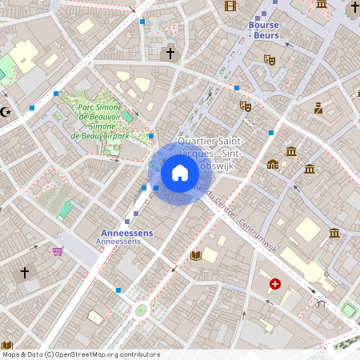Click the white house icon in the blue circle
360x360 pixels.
click(x=180, y=173)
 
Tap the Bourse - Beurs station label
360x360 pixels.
click(x=258, y=30)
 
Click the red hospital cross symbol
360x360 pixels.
click(x=275, y=284)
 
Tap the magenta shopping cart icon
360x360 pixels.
click(x=58, y=251)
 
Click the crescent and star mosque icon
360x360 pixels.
click(x=7, y=112)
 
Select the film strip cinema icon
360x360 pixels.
click(x=231, y=6)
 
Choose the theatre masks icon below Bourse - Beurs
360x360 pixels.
click(x=270, y=59)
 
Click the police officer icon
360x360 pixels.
click(x=318, y=108)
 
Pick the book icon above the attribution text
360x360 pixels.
click(x=7, y=346)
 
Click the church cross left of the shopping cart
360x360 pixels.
click(x=25, y=273)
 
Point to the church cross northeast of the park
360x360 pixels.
click(x=169, y=54)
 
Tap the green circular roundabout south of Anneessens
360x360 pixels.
click(x=142, y=310)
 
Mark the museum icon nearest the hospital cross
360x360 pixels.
click(x=334, y=233)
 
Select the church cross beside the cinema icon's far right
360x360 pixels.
click(x=354, y=7)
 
